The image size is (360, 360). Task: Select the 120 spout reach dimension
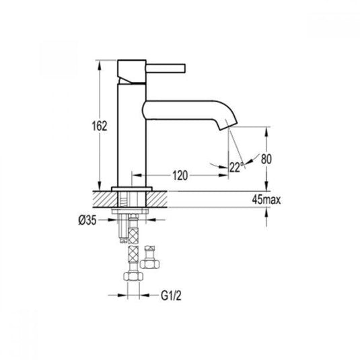pyautogui.click(x=179, y=175)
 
